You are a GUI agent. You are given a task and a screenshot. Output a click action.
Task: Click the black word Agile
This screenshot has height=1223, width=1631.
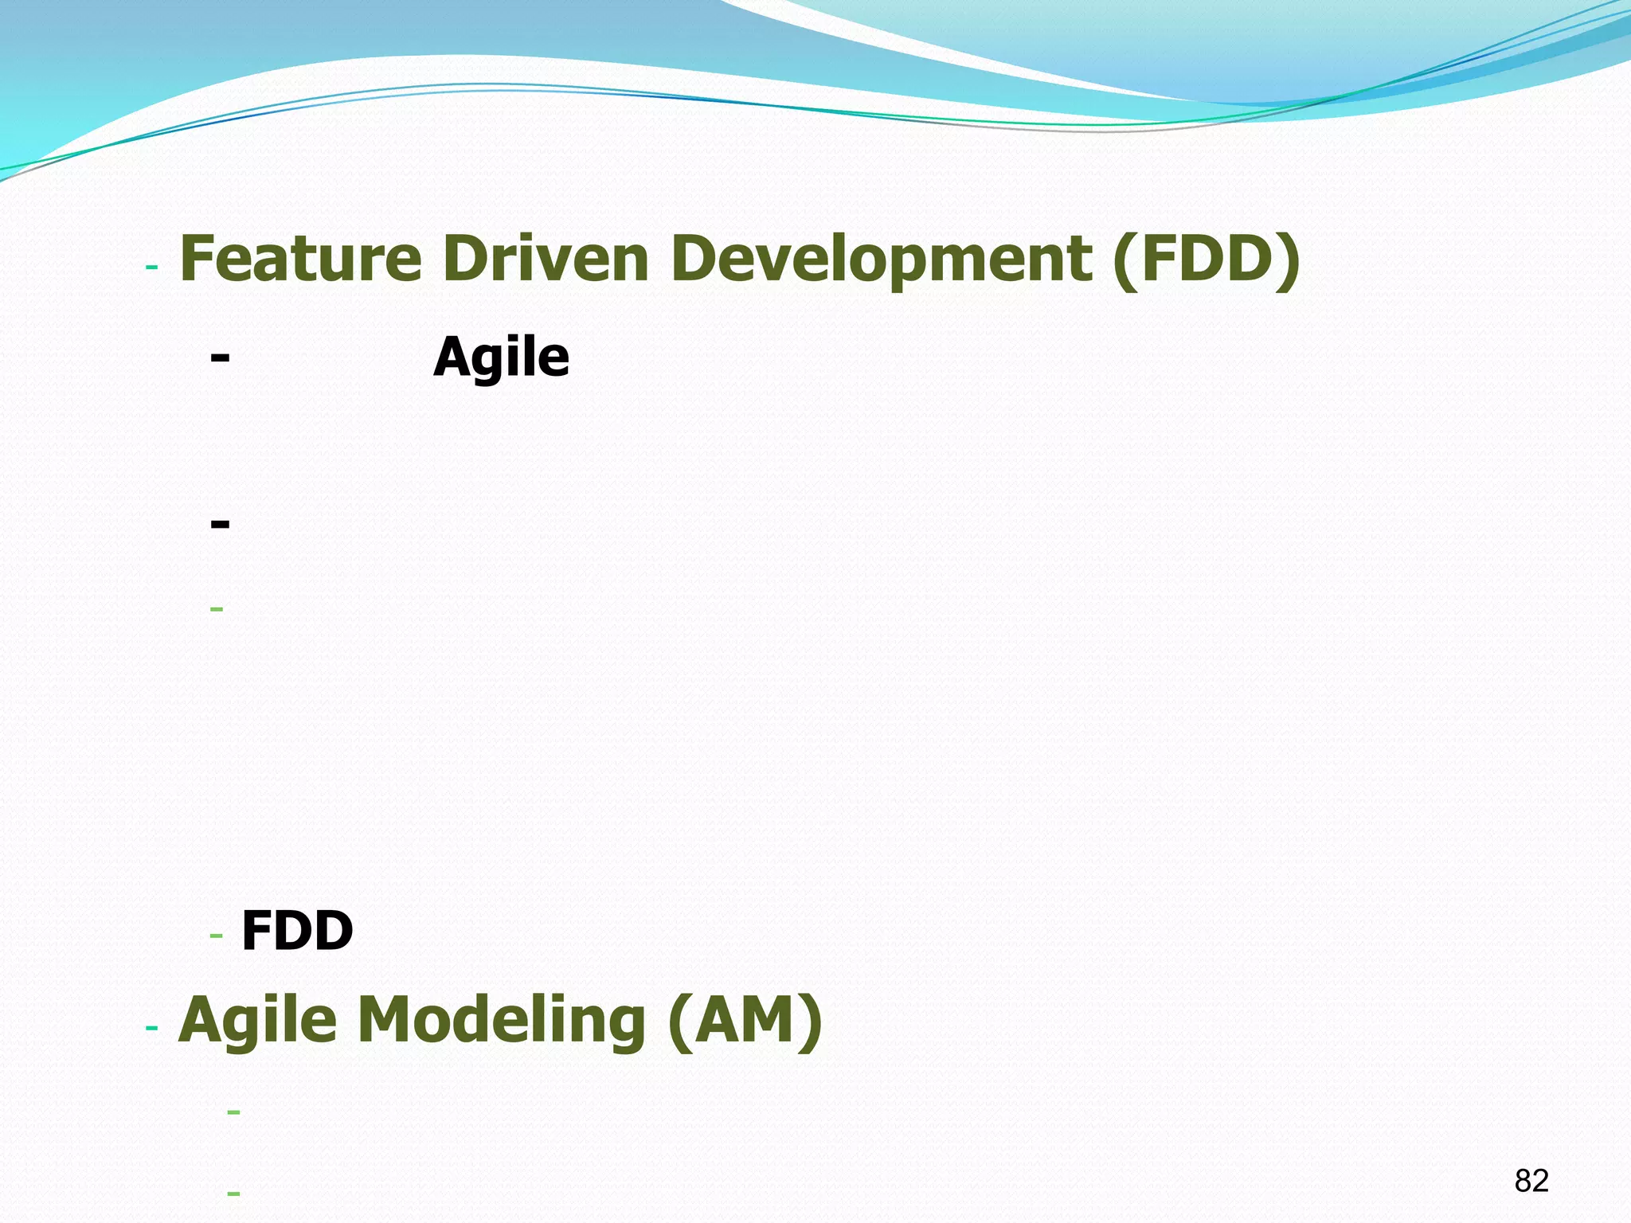502,358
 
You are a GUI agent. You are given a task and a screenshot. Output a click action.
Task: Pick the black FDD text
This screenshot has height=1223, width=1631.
297,931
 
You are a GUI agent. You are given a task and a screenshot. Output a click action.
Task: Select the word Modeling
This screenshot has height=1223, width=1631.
502,1021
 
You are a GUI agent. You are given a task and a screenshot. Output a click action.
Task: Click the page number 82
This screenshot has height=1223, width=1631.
1531,1180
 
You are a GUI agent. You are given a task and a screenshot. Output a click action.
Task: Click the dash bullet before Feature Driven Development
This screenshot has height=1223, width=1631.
152,267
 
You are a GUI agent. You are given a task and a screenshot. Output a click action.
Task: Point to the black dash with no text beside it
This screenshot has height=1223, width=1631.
221,524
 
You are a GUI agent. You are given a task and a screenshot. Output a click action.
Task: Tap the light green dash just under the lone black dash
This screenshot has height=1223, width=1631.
217,610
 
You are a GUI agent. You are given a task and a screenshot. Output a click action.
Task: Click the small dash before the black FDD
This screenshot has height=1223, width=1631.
216,936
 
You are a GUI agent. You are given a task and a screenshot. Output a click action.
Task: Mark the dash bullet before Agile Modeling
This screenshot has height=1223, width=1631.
152,1029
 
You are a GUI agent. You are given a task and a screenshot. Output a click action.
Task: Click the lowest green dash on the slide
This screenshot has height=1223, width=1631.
233,1193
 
